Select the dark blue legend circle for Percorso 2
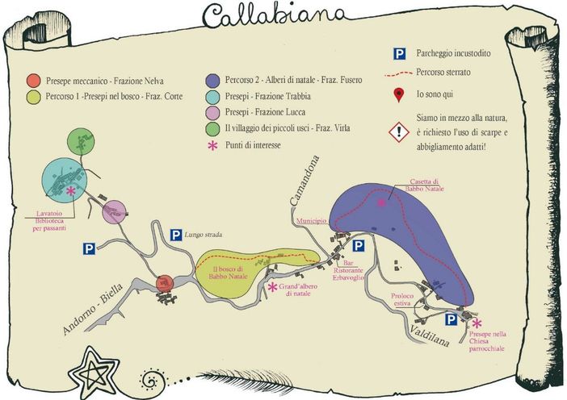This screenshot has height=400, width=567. pyautogui.click(x=212, y=80)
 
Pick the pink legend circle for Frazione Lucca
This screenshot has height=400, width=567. pyautogui.click(x=212, y=113)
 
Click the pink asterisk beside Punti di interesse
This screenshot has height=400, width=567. pyautogui.click(x=212, y=147)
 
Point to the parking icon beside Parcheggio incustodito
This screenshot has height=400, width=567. pyautogui.click(x=398, y=54)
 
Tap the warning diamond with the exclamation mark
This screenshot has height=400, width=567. pyautogui.click(x=398, y=131)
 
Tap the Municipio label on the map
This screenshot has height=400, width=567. pyautogui.click(x=311, y=219)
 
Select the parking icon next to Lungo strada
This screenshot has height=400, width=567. pyautogui.click(x=175, y=235)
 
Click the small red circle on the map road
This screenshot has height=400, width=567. pyautogui.click(x=164, y=282)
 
